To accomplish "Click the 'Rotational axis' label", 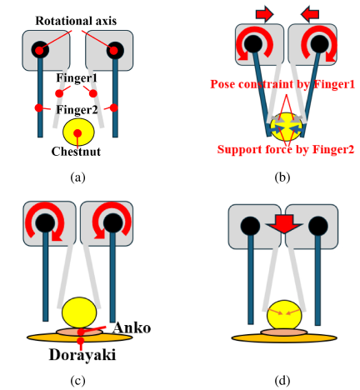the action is pyautogui.click(x=76, y=21).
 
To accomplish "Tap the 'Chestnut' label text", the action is pyautogui.click(x=76, y=152).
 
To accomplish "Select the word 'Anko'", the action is pyautogui.click(x=132, y=327).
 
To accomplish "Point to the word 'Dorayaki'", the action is pyautogui.click(x=82, y=355).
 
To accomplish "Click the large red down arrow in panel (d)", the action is pyautogui.click(x=284, y=223).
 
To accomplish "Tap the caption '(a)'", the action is pyautogui.click(x=77, y=177).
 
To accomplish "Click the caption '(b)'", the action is pyautogui.click(x=282, y=177).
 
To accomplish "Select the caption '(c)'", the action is pyautogui.click(x=77, y=381).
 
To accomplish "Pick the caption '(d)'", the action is pyautogui.click(x=282, y=381).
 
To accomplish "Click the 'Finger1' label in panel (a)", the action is pyautogui.click(x=77, y=77).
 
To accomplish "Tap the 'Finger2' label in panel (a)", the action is pyautogui.click(x=77, y=110).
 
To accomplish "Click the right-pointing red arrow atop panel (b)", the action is pyautogui.click(x=265, y=14).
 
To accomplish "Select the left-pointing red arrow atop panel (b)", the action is pyautogui.click(x=310, y=14).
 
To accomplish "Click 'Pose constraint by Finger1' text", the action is pyautogui.click(x=282, y=84).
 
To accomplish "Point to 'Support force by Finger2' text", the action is pyautogui.click(x=286, y=149).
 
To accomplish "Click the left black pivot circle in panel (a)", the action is pyautogui.click(x=40, y=50).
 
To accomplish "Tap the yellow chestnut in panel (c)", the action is pyautogui.click(x=79, y=312).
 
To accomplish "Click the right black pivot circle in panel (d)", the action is pyautogui.click(x=318, y=226).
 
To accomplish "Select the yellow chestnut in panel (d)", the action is pyautogui.click(x=284, y=315).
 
